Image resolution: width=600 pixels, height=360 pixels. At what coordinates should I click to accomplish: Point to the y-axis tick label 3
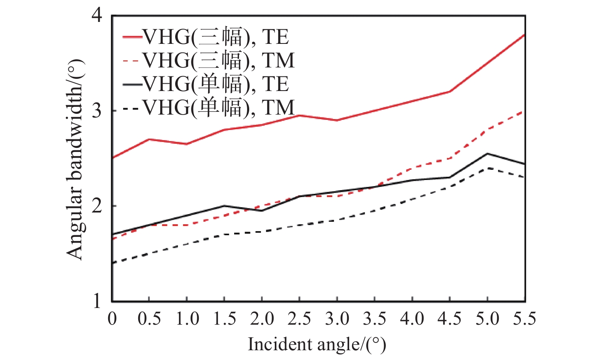click(x=96, y=111)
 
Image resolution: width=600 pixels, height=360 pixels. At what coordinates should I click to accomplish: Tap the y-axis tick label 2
click(x=96, y=206)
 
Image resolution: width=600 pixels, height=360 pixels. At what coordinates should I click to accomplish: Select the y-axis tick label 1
click(x=96, y=301)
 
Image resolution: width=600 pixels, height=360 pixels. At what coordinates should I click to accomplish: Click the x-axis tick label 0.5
click(x=149, y=319)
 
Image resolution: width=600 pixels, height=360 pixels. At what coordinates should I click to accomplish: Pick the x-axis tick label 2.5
click(x=299, y=319)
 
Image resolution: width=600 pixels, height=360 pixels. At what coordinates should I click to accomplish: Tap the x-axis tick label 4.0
click(x=412, y=319)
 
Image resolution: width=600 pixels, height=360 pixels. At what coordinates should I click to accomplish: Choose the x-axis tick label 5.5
click(x=524, y=319)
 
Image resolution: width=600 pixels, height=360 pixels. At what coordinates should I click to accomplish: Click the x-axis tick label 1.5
click(x=224, y=319)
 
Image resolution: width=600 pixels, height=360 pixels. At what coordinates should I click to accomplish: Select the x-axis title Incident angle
click(x=316, y=344)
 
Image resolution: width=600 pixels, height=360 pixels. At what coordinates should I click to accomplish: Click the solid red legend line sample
click(x=132, y=37)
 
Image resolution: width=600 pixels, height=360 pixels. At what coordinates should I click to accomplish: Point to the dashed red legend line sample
click(x=132, y=61)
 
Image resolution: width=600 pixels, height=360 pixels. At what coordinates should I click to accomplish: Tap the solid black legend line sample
click(x=132, y=85)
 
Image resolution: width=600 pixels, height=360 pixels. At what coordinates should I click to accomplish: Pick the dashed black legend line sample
click(x=132, y=108)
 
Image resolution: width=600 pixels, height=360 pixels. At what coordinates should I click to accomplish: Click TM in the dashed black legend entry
click(x=278, y=108)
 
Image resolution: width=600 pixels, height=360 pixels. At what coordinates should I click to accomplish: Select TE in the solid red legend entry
click(x=275, y=37)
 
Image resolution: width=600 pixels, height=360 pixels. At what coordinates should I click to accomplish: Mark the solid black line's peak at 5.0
click(x=487, y=154)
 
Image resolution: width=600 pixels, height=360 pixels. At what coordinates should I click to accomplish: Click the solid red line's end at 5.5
click(x=524, y=35)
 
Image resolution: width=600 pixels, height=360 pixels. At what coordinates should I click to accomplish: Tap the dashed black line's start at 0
click(x=113, y=263)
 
